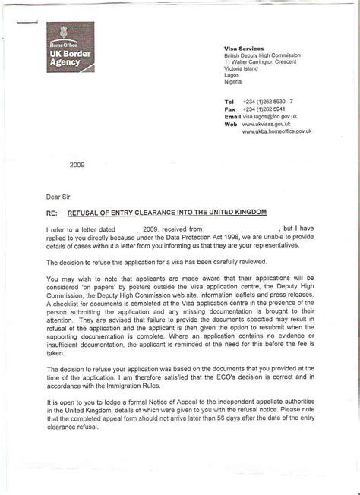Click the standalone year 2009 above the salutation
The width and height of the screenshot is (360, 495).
tap(77, 163)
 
